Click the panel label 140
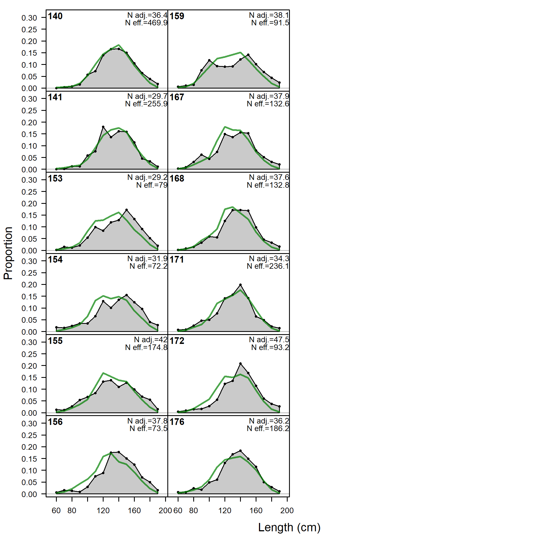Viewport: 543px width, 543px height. pyautogui.click(x=55, y=16)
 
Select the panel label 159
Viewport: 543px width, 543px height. pyautogui.click(x=177, y=16)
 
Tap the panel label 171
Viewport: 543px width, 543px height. pyautogui.click(x=177, y=260)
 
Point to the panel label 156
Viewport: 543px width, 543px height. pyautogui.click(x=55, y=422)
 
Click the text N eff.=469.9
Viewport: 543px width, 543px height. pyautogui.click(x=146, y=23)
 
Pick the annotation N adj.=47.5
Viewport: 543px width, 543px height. pyautogui.click(x=269, y=339)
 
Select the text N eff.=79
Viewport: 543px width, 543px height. pyautogui.click(x=152, y=185)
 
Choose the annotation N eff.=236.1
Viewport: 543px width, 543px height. pyautogui.click(x=268, y=266)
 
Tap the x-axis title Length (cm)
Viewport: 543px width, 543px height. pyautogui.click(x=289, y=527)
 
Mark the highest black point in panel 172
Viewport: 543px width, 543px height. pyautogui.click(x=240, y=364)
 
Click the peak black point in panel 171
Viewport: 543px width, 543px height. pyautogui.click(x=240, y=285)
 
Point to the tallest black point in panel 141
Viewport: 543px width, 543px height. pyautogui.click(x=103, y=127)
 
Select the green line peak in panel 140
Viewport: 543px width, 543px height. pyautogui.click(x=119, y=45)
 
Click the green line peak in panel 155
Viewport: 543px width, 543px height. pyautogui.click(x=103, y=373)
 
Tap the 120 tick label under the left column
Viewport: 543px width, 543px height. pyautogui.click(x=103, y=510)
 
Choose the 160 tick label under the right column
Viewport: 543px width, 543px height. pyautogui.click(x=256, y=510)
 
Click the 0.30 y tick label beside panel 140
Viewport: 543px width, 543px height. pyautogui.click(x=29, y=18)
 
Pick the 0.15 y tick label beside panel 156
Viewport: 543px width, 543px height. pyautogui.click(x=29, y=459)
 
